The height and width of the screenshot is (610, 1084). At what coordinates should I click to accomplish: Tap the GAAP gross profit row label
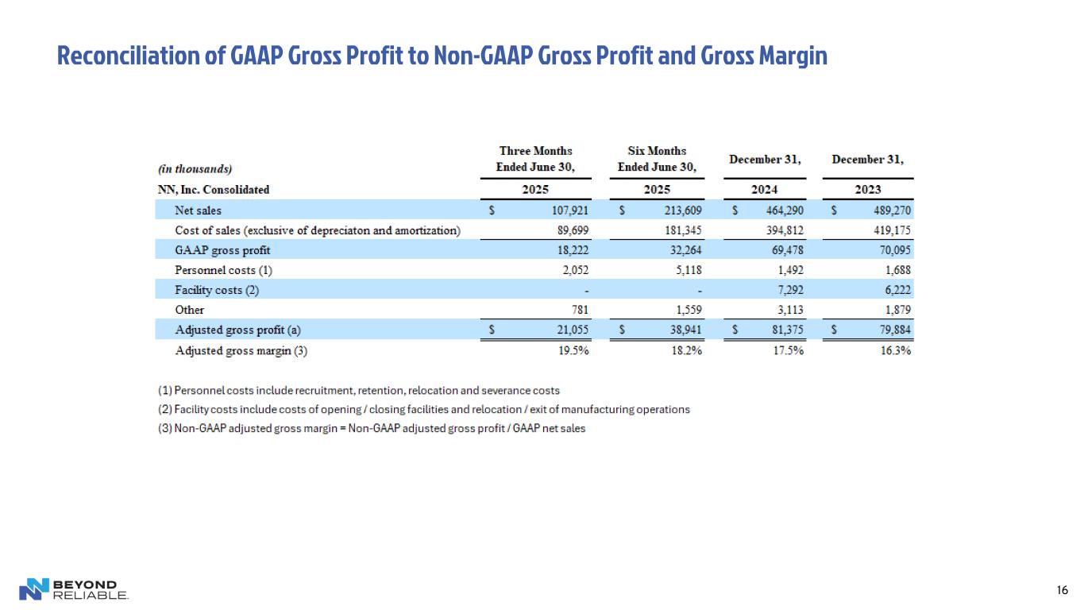coord(217,250)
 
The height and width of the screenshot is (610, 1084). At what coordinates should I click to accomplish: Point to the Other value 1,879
coord(895,310)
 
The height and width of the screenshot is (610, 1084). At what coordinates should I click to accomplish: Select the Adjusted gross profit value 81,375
coord(781,330)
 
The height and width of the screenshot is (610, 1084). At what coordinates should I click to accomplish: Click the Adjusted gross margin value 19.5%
coord(572,351)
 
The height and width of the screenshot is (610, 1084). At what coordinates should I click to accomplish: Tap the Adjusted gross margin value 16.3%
coord(894,351)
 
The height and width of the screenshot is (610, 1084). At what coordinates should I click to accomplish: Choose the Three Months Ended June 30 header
coord(535,159)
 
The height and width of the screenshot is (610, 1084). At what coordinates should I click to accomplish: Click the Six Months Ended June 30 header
coord(657,159)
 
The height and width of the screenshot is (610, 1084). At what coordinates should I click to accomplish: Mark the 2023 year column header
coord(867,190)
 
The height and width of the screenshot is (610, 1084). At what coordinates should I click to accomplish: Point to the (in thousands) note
coord(195,168)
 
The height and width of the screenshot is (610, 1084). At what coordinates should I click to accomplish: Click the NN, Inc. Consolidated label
coord(214,190)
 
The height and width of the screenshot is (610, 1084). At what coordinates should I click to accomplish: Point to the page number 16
coord(1062,590)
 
